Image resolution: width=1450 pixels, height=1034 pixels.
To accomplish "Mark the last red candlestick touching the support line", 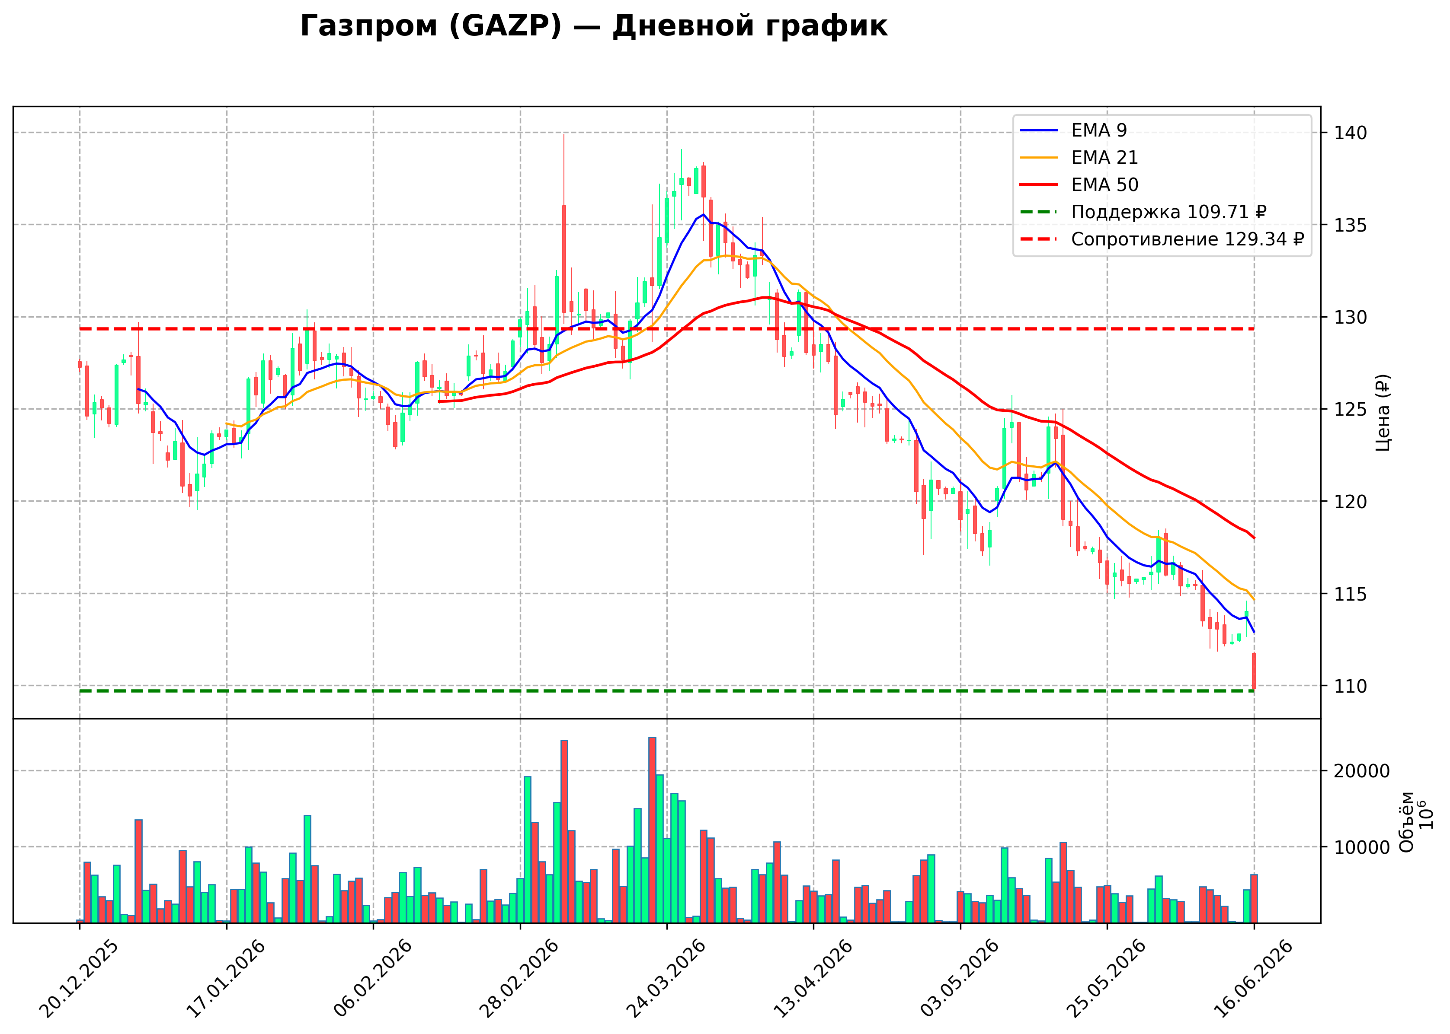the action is pyautogui.click(x=1254, y=671).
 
